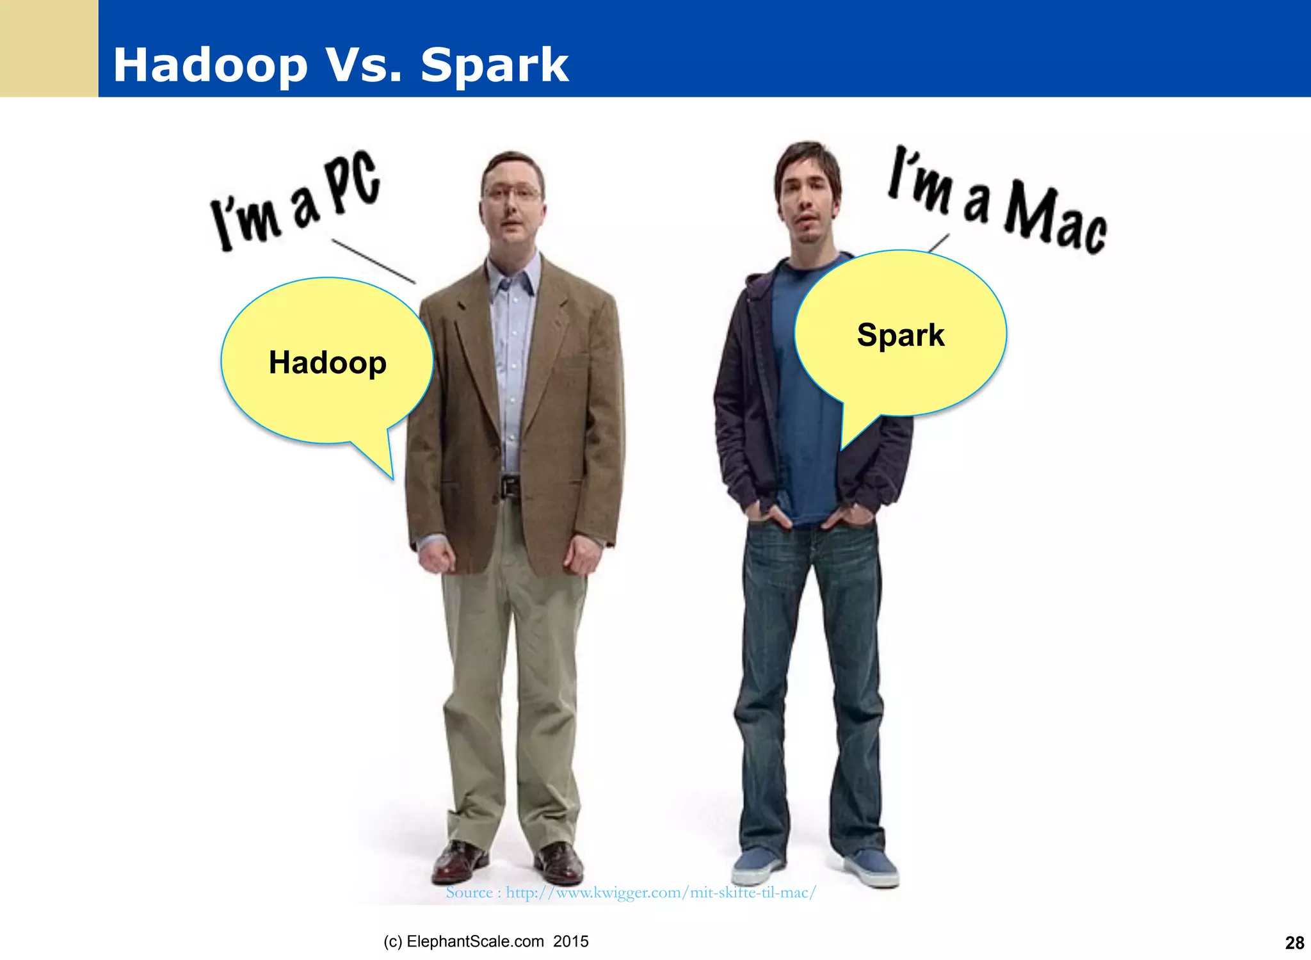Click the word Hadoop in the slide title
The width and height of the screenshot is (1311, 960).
[210, 65]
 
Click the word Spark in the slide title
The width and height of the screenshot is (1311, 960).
[494, 65]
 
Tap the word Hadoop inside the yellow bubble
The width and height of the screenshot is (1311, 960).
[327, 362]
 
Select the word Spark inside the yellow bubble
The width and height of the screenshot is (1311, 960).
[900, 335]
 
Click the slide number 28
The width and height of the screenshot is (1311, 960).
[1294, 943]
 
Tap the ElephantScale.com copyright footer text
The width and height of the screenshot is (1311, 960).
[486, 941]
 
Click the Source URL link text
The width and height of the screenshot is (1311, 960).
[631, 892]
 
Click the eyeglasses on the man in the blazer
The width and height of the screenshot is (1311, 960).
[512, 191]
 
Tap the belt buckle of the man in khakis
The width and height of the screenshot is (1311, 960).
[510, 487]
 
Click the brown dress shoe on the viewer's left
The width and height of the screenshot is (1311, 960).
[458, 861]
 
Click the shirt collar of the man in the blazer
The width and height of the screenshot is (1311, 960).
[512, 275]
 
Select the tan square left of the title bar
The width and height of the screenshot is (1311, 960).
[49, 48]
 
